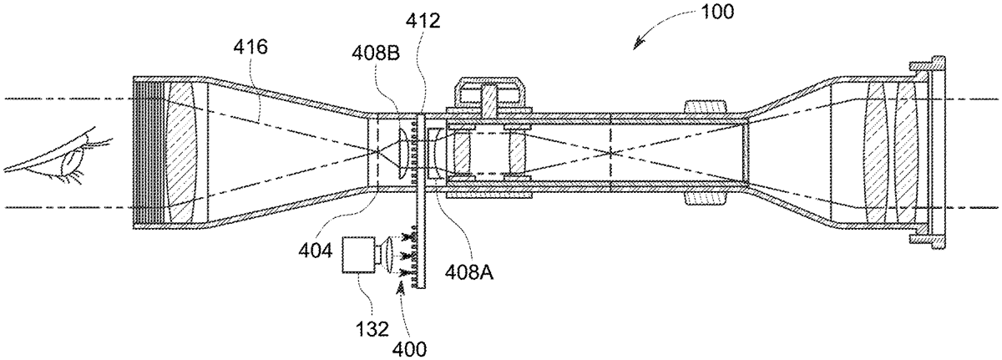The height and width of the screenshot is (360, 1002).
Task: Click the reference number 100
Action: tap(717, 13)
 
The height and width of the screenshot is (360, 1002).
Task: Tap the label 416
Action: tap(250, 47)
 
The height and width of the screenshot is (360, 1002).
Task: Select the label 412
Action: tap(423, 20)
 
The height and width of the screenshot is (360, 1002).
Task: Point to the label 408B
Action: tap(376, 53)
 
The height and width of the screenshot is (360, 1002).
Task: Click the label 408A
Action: tap(469, 271)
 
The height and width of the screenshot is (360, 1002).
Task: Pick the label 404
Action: tap(316, 251)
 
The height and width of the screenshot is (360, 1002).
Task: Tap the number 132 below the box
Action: tap(372, 330)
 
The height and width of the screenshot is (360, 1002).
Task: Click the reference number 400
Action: tap(409, 349)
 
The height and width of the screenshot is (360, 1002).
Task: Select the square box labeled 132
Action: tap(359, 255)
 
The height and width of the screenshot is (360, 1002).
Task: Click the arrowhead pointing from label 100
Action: tap(638, 44)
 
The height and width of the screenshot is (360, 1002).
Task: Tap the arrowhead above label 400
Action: tap(402, 286)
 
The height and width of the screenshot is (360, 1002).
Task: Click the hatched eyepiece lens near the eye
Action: tap(182, 153)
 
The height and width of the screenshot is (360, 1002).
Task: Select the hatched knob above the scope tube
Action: tap(706, 107)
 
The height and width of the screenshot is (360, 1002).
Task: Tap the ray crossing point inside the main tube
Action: tap(611, 153)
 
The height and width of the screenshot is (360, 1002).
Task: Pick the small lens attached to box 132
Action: tap(387, 255)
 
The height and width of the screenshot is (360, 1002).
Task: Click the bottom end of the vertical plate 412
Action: tap(420, 289)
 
